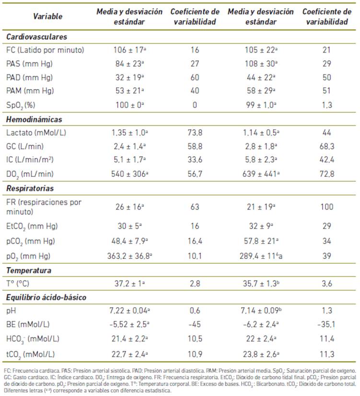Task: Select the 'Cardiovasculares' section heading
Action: [36, 36]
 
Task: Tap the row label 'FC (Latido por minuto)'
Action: [46, 50]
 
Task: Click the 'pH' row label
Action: [12, 311]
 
